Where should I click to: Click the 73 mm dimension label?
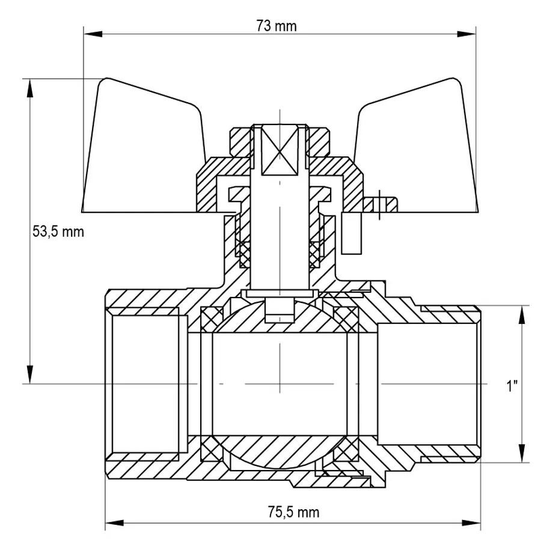tap(278, 26)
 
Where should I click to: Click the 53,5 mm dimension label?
tap(58, 232)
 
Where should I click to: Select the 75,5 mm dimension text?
tap(293, 512)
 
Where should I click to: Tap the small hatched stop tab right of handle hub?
tap(384, 203)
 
